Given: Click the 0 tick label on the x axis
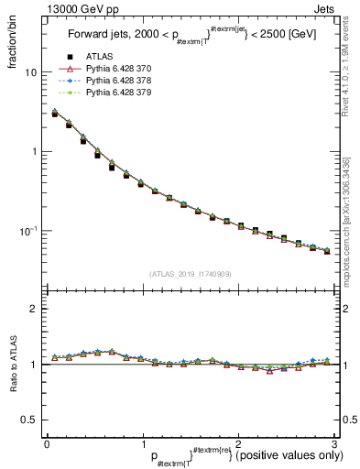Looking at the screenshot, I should click(46, 443).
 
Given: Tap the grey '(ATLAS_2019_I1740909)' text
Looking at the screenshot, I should click(190, 274).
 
